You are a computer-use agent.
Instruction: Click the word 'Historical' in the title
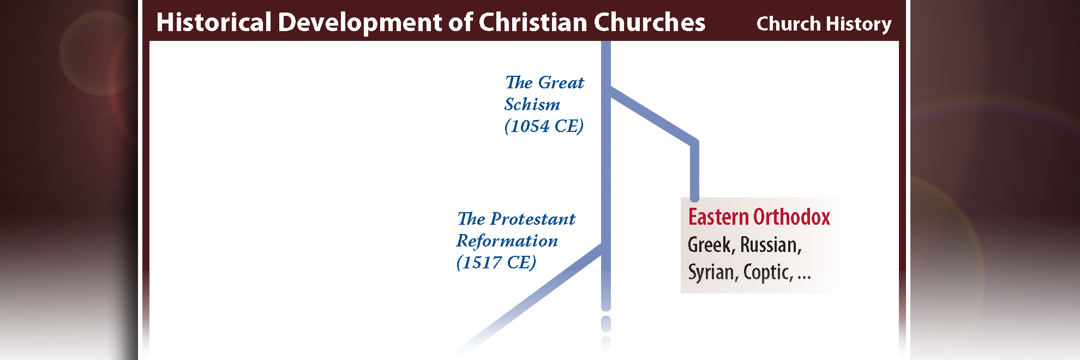click(214, 23)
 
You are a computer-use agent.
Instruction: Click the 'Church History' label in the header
click(824, 24)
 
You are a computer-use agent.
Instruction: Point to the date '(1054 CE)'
click(544, 126)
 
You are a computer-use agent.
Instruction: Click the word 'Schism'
click(532, 104)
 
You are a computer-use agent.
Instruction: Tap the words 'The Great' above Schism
click(544, 82)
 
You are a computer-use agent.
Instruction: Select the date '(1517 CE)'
click(496, 262)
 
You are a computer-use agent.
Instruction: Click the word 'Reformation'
click(507, 241)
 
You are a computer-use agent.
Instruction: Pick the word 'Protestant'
click(533, 219)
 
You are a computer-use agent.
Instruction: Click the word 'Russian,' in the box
click(771, 245)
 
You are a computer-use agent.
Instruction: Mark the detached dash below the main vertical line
click(605, 324)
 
